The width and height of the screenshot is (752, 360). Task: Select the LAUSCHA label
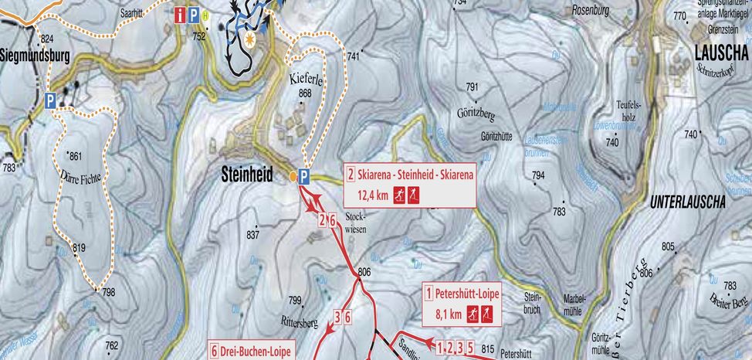[721, 53]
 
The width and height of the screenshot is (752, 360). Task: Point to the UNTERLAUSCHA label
[688, 202]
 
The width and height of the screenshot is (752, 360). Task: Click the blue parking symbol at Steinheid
[304, 177]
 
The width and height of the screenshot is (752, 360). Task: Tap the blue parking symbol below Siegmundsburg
[50, 100]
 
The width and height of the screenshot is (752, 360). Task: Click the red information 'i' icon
[181, 14]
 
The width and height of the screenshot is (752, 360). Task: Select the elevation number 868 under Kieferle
[305, 93]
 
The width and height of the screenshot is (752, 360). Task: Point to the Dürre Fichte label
[80, 176]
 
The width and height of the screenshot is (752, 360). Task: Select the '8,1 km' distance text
[449, 314]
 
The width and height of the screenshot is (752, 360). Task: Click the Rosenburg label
[591, 12]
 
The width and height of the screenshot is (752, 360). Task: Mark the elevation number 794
[538, 176]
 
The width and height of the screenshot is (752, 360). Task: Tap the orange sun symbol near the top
[249, 36]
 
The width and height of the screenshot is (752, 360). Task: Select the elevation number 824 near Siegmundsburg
[47, 39]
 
